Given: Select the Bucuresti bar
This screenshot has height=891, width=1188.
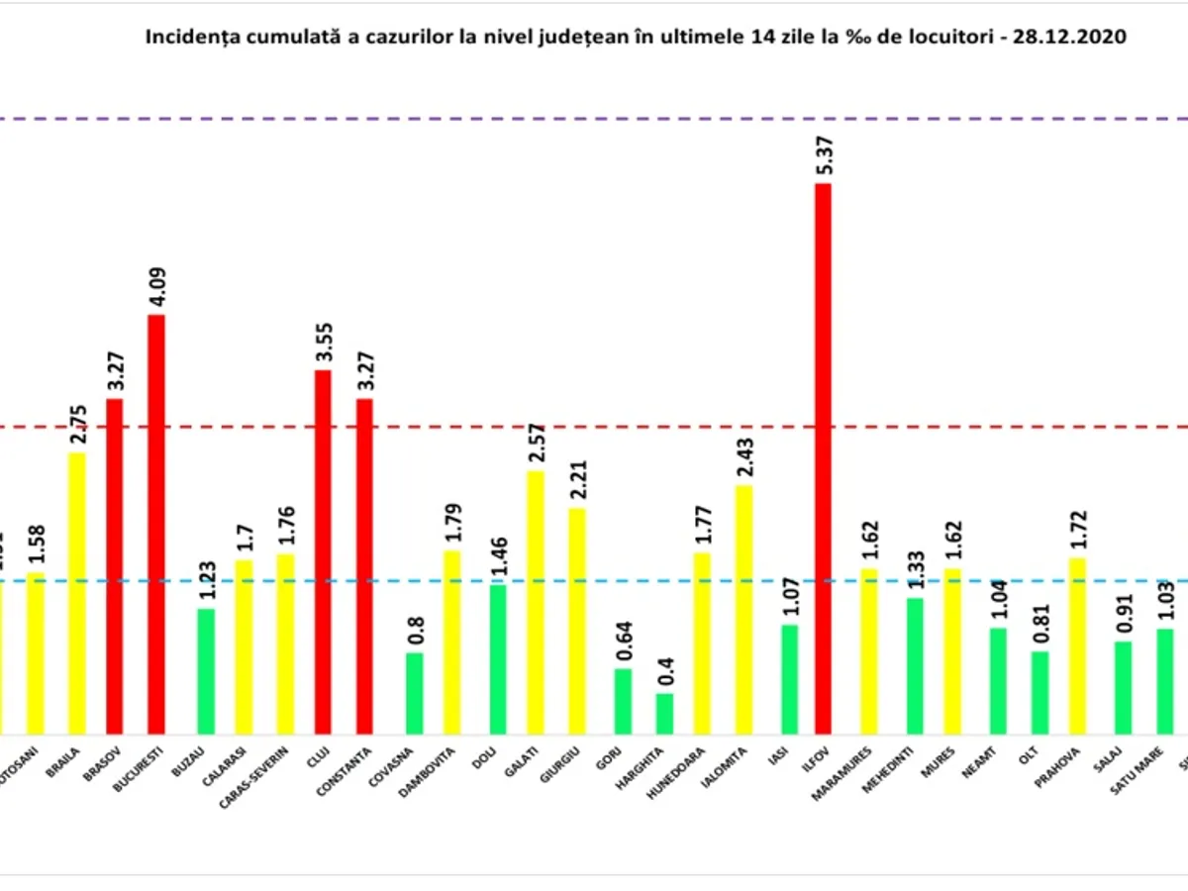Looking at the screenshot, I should pos(156,524).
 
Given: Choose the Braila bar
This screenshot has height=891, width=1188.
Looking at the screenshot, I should pos(77,593).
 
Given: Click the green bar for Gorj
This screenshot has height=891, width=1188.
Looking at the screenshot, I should pos(623,701).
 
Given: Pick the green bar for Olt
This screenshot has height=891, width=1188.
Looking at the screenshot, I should pos(1039,692).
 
